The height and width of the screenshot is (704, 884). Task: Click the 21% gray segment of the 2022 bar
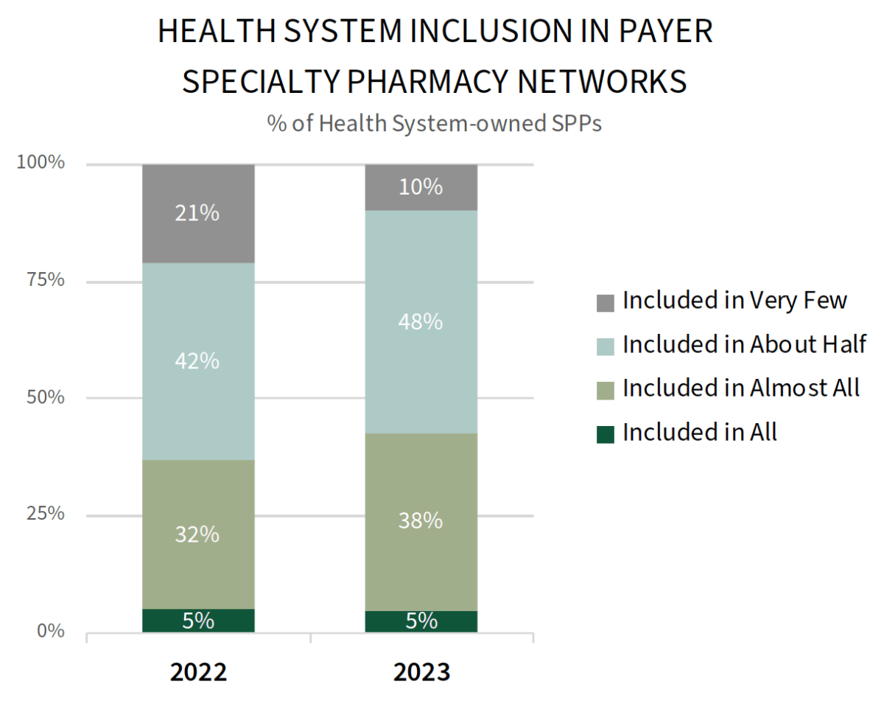coord(198,214)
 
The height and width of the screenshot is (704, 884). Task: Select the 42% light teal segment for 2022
coord(198,361)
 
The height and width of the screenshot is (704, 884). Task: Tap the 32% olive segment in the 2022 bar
coord(198,534)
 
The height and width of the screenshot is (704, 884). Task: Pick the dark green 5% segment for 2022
coord(198,621)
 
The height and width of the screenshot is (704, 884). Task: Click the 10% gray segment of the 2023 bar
coord(421,187)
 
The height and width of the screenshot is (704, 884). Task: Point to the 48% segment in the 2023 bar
coord(421,321)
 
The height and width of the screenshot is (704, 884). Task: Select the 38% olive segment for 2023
coord(421,521)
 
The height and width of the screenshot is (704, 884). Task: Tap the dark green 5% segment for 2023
coord(421,621)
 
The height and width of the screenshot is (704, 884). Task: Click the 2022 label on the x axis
coord(198,673)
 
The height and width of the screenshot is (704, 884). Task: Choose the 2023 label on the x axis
coord(421,673)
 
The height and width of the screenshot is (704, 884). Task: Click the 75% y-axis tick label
coord(45,280)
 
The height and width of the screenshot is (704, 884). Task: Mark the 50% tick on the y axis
coord(45,397)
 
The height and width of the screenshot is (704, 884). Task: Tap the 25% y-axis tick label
coord(45,514)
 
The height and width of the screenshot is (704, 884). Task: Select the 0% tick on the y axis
coord(51,631)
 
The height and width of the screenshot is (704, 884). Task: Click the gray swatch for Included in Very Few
coord(606,302)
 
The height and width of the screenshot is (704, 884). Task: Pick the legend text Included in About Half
coord(744,344)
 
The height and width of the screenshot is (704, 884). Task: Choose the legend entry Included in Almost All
coord(740,388)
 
